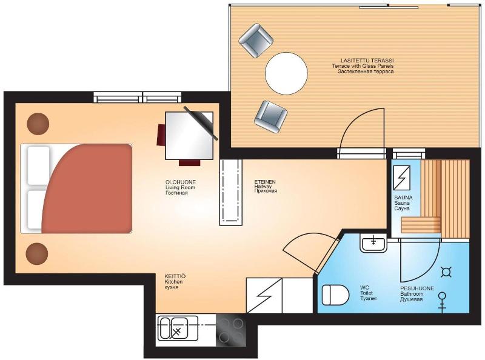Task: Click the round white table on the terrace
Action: click(286, 73)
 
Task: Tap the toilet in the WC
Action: click(335, 295)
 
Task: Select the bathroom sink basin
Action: click(373, 244)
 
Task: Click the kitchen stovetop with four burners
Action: click(231, 331)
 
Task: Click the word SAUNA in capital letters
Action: click(403, 198)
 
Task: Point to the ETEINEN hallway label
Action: click(265, 182)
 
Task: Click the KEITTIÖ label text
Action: click(175, 276)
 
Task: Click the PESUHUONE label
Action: click(417, 288)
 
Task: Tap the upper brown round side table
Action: click(38, 124)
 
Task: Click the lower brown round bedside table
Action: click(37, 253)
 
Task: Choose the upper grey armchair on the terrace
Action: click(256, 41)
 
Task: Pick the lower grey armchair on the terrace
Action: click(270, 116)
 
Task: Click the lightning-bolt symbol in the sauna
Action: click(402, 178)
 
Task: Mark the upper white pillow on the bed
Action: click(39, 166)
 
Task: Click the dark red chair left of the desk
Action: click(161, 135)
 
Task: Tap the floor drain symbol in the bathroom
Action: click(446, 272)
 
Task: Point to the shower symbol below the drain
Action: click(443, 301)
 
